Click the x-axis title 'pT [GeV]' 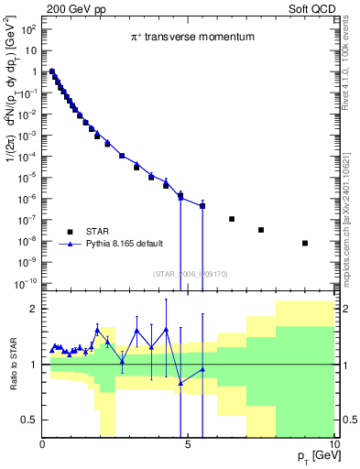coord(313,455)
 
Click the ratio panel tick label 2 coord(35,309)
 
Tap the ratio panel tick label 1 coord(35,365)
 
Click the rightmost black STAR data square coord(304,243)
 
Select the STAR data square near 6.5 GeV coord(232,219)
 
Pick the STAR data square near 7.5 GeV coord(261,230)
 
